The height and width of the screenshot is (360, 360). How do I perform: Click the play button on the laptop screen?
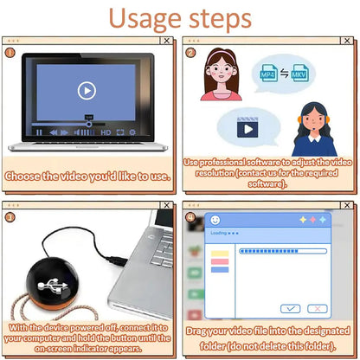click(x=86, y=90)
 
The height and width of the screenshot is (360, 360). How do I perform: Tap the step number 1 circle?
click(x=10, y=52)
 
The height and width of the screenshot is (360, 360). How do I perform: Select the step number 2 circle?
click(x=191, y=52)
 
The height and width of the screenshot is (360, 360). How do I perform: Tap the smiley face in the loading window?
click(x=215, y=219)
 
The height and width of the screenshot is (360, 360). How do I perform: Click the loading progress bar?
click(x=282, y=251)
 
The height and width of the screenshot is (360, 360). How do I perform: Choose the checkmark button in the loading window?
click(x=291, y=308)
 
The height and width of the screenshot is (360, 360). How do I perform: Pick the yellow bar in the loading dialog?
click(x=220, y=253)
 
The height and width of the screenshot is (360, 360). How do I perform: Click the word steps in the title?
click(x=220, y=19)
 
